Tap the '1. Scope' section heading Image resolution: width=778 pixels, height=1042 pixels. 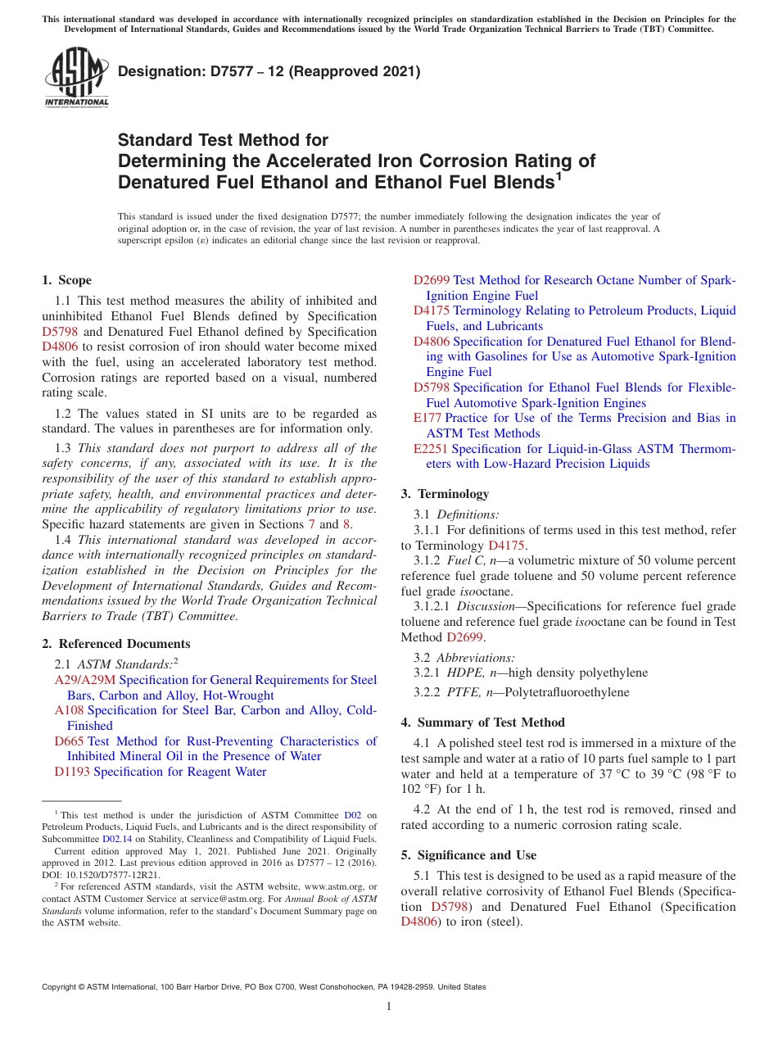66,280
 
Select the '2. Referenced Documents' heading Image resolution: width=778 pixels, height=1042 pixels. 116,644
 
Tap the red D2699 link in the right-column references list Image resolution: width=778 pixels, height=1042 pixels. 431,280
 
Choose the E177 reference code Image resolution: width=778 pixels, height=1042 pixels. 427,418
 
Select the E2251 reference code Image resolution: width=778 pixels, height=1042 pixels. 431,449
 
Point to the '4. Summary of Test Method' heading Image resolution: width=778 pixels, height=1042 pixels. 482,723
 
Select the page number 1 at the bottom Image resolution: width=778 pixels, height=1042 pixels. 389,1007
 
